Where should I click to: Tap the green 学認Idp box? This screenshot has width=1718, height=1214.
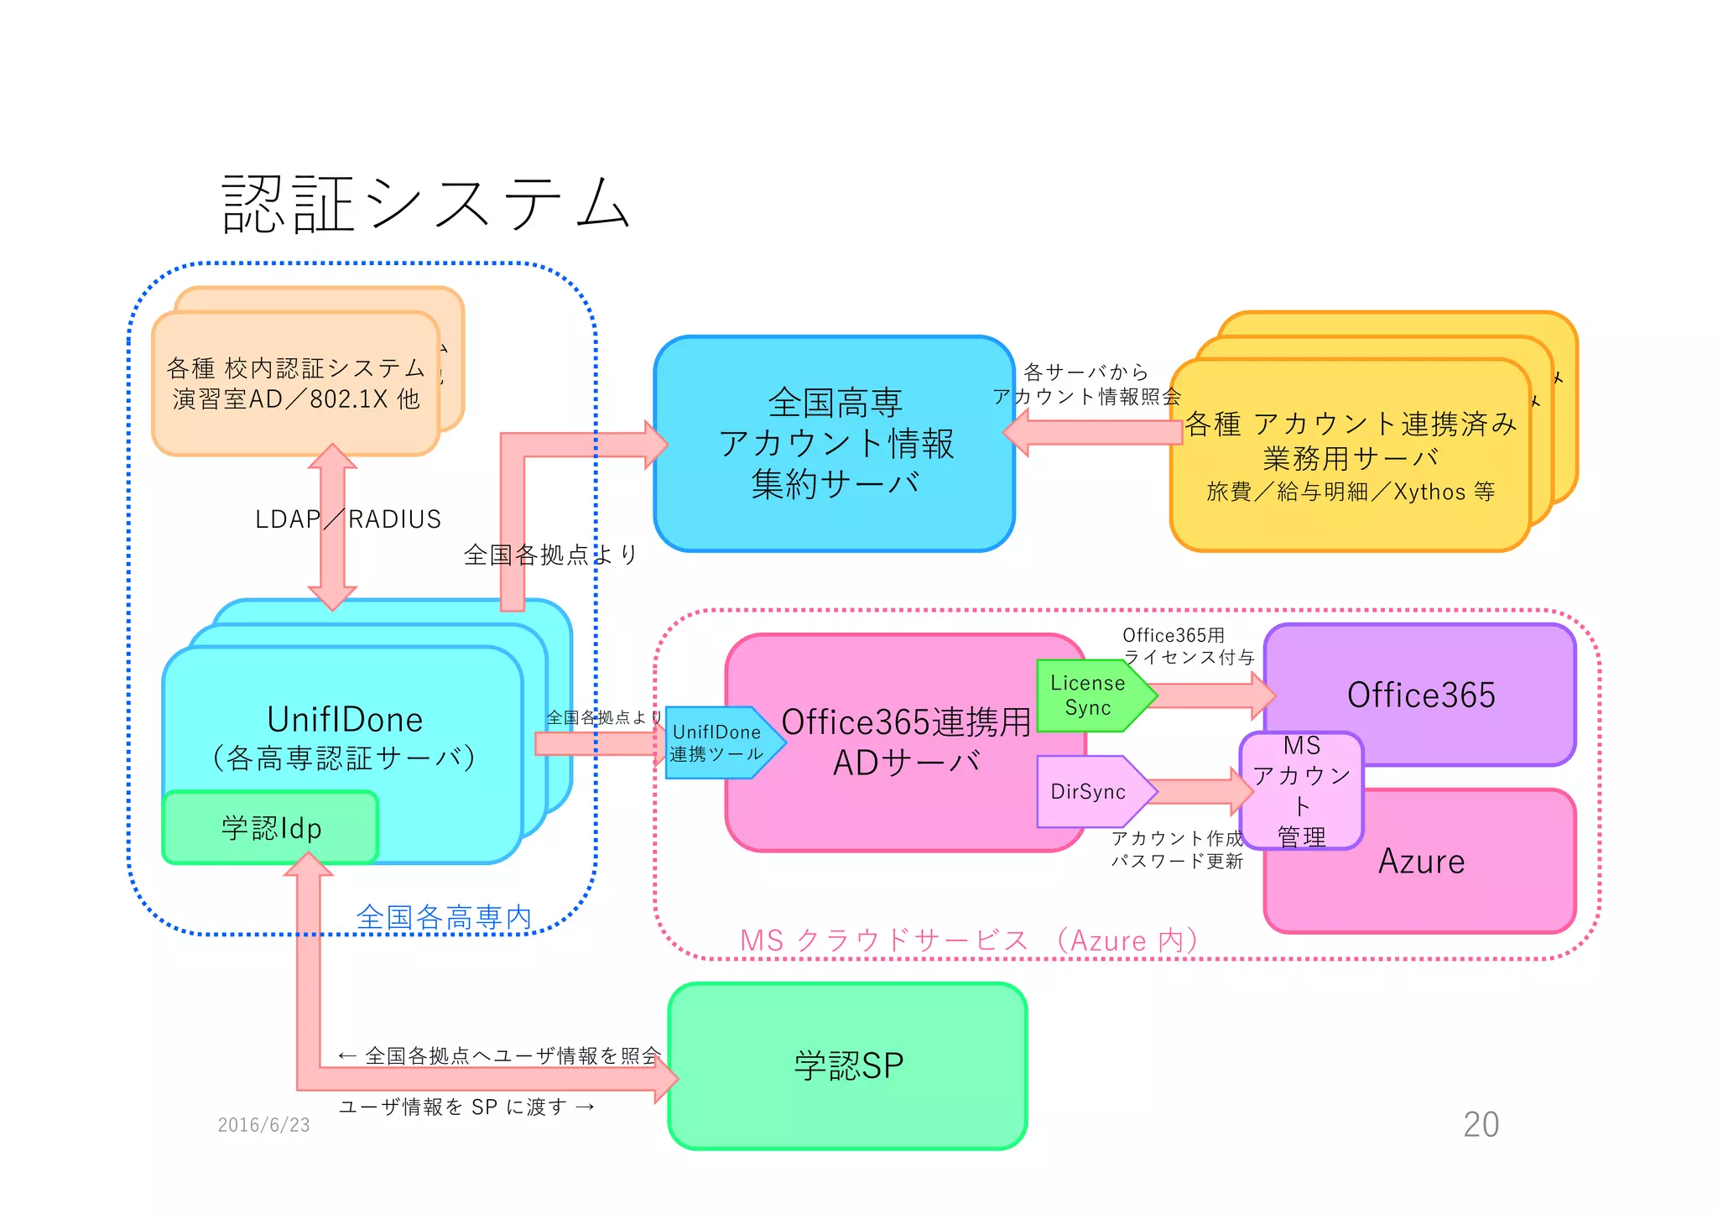point(270,828)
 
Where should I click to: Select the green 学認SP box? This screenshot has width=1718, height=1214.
point(847,1066)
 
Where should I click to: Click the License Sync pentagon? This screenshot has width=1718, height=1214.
point(1088,696)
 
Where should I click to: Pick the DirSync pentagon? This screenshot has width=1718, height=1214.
point(1088,792)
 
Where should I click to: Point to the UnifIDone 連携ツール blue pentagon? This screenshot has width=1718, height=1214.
point(717,743)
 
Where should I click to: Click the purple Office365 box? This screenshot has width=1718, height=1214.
point(1420,695)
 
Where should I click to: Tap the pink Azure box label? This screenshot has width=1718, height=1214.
point(1421,862)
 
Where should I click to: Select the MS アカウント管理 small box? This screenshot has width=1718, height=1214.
point(1301,790)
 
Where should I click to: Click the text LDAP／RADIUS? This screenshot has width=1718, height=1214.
point(347,519)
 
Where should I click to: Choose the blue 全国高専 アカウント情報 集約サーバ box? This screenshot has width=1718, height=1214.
point(835,443)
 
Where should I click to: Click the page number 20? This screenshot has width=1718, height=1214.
point(1481,1124)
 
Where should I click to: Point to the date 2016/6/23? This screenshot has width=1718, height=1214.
point(263,1125)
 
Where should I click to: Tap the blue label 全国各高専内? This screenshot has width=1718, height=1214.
point(444,917)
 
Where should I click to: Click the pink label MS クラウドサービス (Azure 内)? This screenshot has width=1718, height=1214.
point(968,940)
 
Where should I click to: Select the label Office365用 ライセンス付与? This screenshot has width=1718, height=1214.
point(1187,646)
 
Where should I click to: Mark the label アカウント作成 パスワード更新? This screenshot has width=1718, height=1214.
point(1176,849)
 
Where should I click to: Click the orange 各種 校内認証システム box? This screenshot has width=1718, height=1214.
point(295,383)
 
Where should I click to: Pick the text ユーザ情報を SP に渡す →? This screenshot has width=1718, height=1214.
point(466,1107)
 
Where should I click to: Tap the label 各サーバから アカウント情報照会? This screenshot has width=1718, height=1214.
point(1086,384)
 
